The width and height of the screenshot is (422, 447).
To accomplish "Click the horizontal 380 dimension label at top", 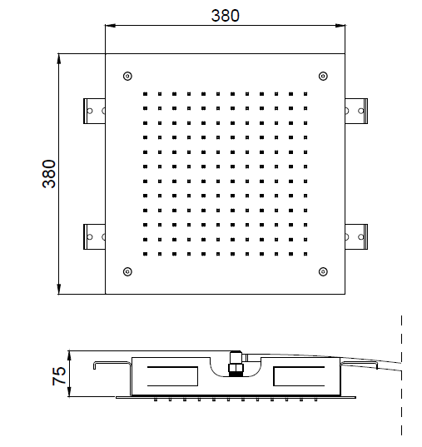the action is click(226, 16).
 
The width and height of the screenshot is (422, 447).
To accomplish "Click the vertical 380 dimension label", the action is click(49, 174).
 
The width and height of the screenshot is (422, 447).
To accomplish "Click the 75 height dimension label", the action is click(59, 376).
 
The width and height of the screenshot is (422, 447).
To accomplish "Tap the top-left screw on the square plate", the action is click(127, 76).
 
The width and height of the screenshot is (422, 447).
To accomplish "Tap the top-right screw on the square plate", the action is click(323, 76).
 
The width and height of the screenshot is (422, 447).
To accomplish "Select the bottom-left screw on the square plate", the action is click(127, 271).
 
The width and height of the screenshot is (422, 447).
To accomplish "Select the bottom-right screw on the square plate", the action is click(323, 271).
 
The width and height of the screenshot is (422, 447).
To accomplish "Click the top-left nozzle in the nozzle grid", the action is click(146, 94).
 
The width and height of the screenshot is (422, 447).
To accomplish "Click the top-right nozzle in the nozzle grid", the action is click(305, 94).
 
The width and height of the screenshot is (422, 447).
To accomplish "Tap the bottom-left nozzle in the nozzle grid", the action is click(146, 254).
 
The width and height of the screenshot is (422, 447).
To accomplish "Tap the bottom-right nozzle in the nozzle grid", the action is click(305, 254).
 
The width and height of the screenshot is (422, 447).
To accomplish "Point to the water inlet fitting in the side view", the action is click(236, 364).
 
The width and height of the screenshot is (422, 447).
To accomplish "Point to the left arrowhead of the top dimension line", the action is click(111, 25).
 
